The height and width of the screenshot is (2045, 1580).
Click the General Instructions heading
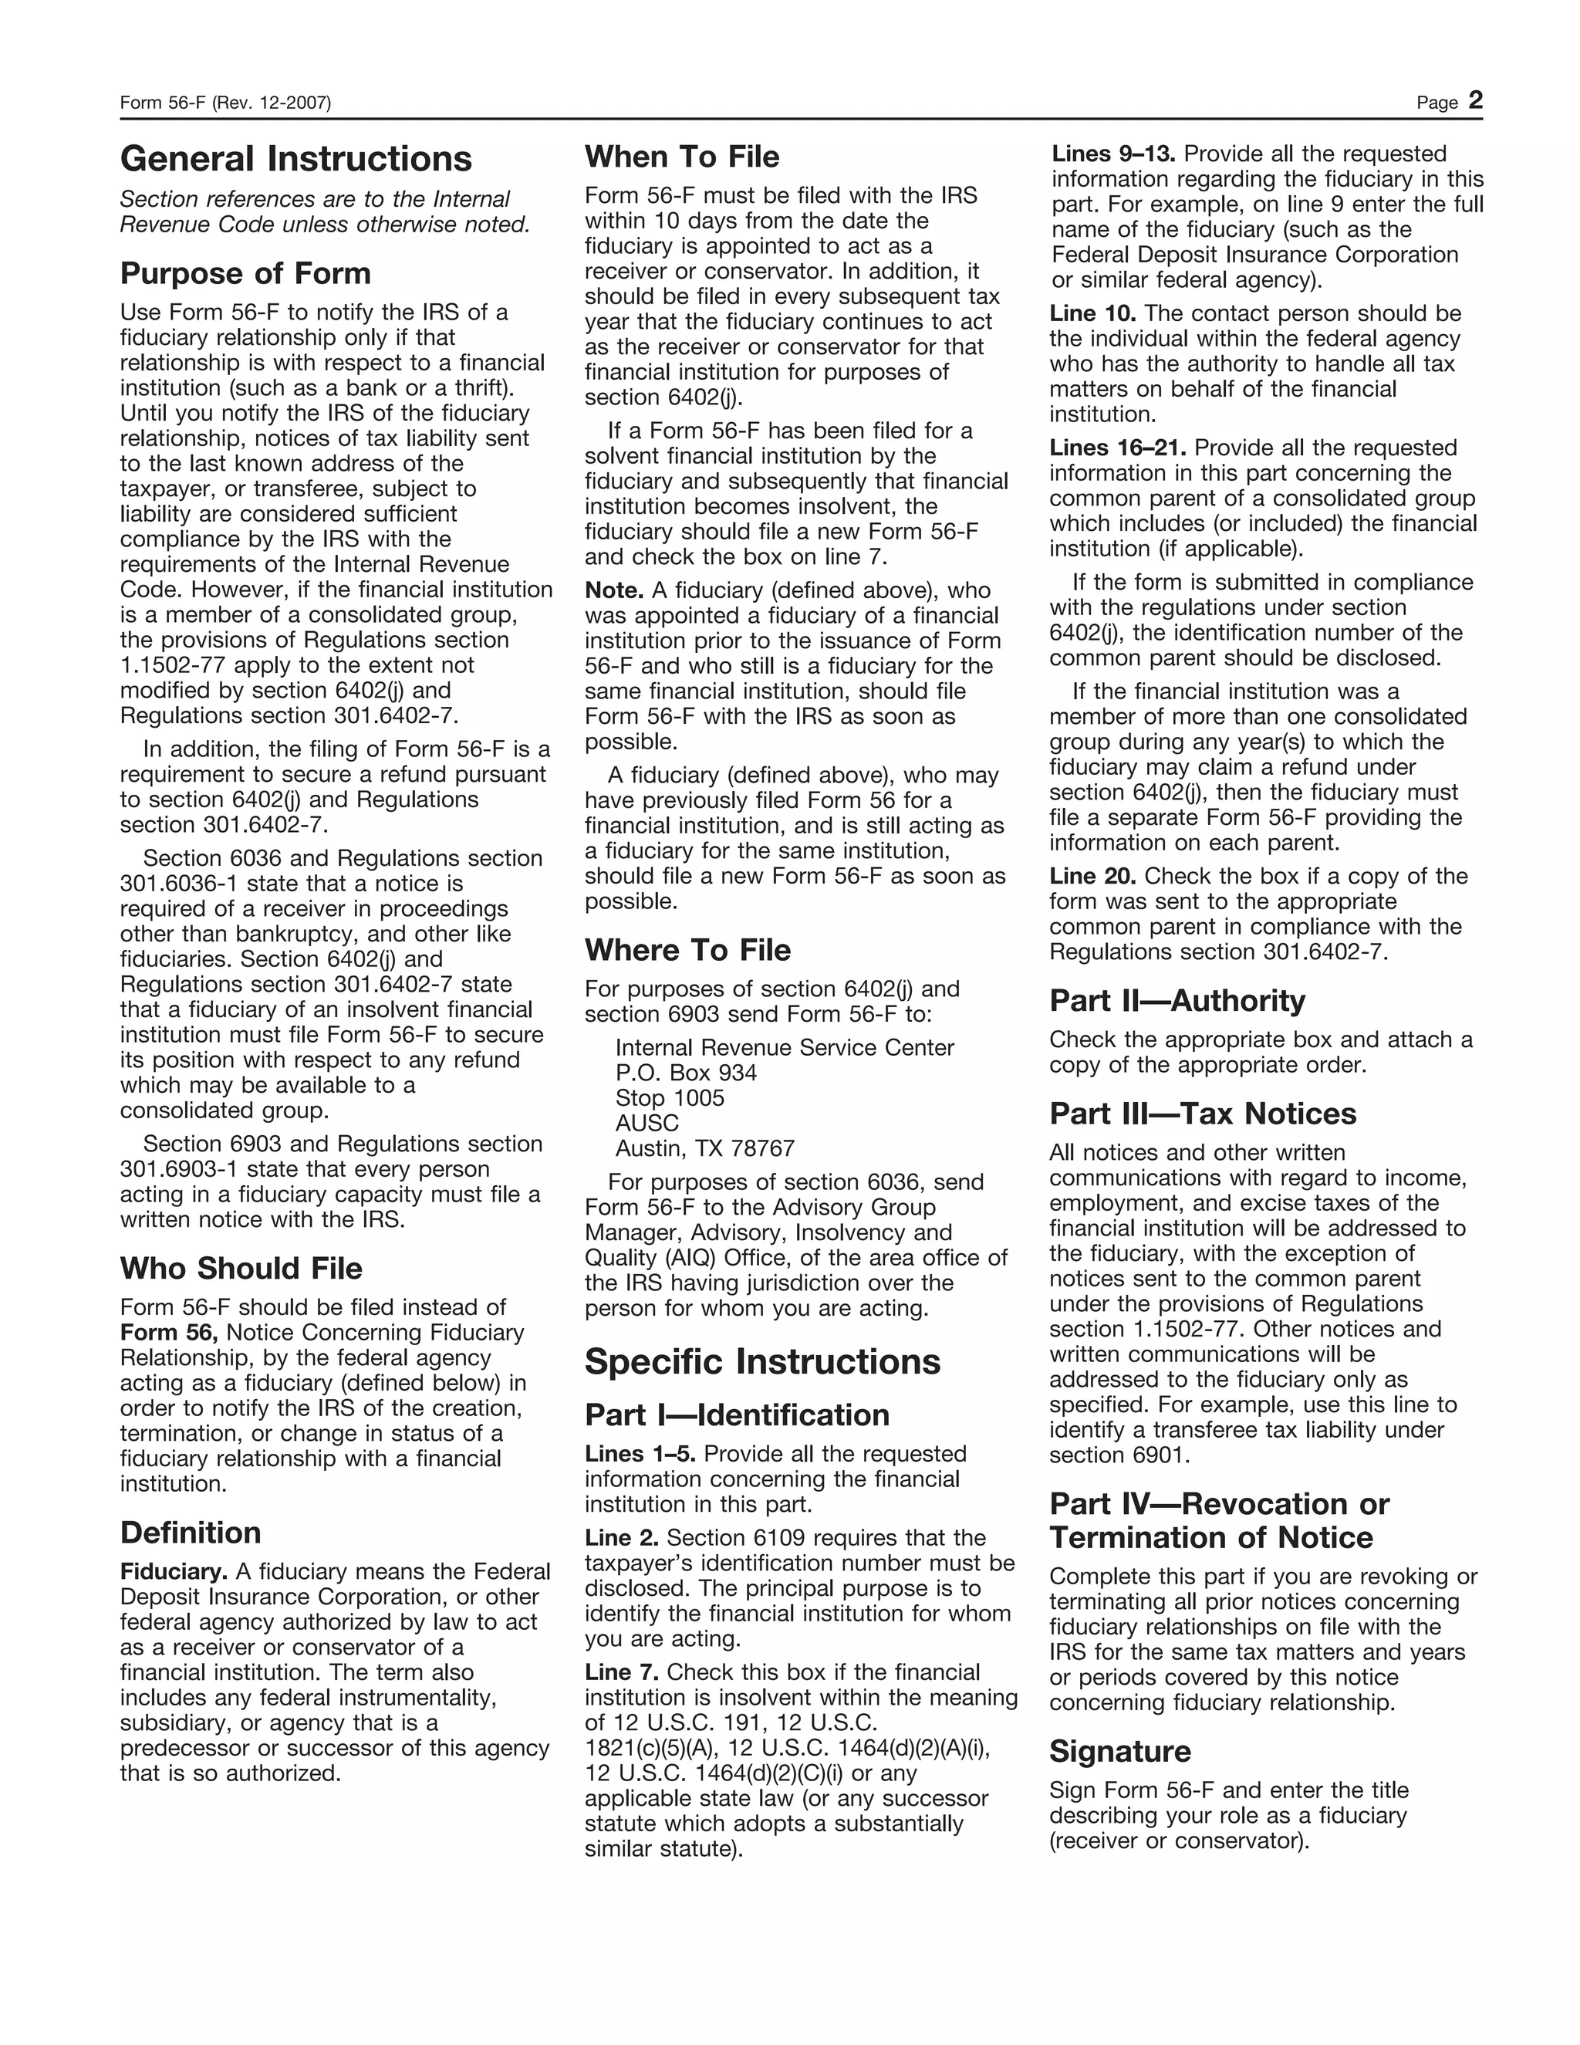295,159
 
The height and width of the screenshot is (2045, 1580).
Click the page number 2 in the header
1475,100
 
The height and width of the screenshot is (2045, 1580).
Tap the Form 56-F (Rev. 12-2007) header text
225,103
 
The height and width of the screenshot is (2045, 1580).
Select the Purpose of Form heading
245,273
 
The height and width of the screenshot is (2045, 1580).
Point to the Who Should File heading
241,1269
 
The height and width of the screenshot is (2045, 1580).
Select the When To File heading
681,157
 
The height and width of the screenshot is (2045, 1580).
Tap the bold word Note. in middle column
613,591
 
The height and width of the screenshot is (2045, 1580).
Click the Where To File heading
687,951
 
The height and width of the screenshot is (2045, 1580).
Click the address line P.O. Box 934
685,1073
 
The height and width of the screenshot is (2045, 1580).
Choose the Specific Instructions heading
762,1361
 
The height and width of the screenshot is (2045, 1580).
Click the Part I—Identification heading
737,1415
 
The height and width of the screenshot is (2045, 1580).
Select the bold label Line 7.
622,1672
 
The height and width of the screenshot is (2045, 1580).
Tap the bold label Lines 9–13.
1113,154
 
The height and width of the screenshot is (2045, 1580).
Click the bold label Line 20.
1092,877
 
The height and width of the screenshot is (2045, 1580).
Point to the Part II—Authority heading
1177,1001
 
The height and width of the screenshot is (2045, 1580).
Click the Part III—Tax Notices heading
1202,1114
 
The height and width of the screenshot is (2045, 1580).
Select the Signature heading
1119,1752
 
